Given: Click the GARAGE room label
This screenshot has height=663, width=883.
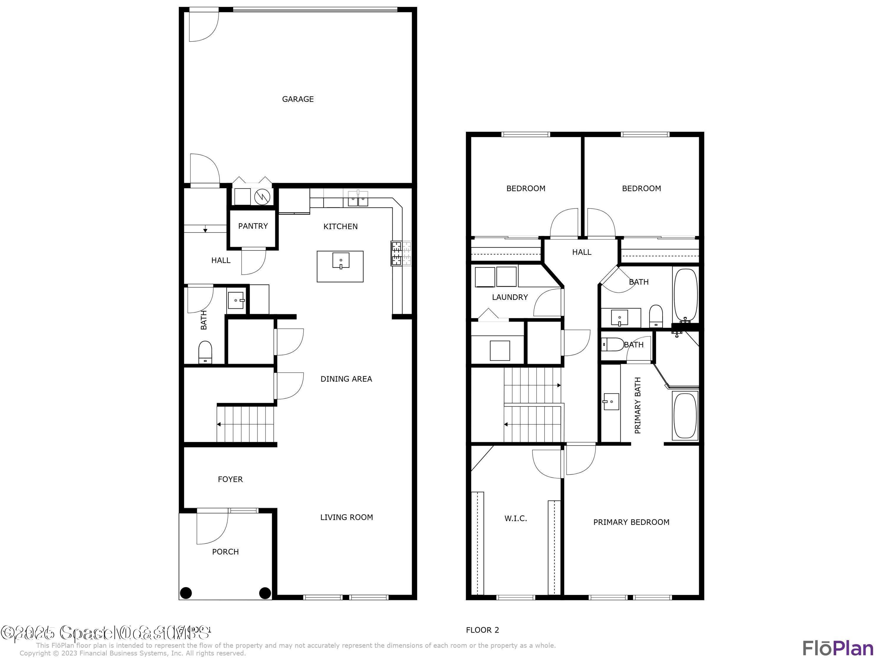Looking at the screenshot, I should (298, 99).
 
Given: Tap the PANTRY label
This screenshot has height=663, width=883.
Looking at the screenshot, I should (253, 226).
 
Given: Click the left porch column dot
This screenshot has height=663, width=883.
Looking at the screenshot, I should (186, 593).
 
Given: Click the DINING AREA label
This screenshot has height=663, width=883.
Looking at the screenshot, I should (346, 379).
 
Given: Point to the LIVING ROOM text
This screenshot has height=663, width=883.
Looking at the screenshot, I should (346, 517).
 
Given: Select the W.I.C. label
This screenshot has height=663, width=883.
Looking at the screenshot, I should (516, 519).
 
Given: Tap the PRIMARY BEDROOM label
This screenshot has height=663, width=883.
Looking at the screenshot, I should (631, 522).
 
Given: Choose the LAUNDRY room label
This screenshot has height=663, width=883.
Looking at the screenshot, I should (510, 297).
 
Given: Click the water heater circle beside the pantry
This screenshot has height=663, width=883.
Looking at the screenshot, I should (262, 196).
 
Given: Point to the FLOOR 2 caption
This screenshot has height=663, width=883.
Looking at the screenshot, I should (482, 630).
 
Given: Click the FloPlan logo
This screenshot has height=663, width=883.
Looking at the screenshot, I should (837, 648).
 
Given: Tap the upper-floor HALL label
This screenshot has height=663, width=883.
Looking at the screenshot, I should (582, 252).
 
